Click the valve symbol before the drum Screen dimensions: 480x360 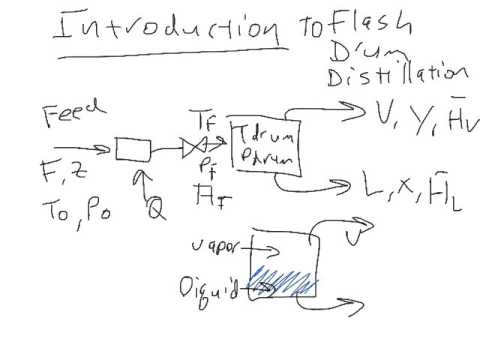click(x=196, y=149)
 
